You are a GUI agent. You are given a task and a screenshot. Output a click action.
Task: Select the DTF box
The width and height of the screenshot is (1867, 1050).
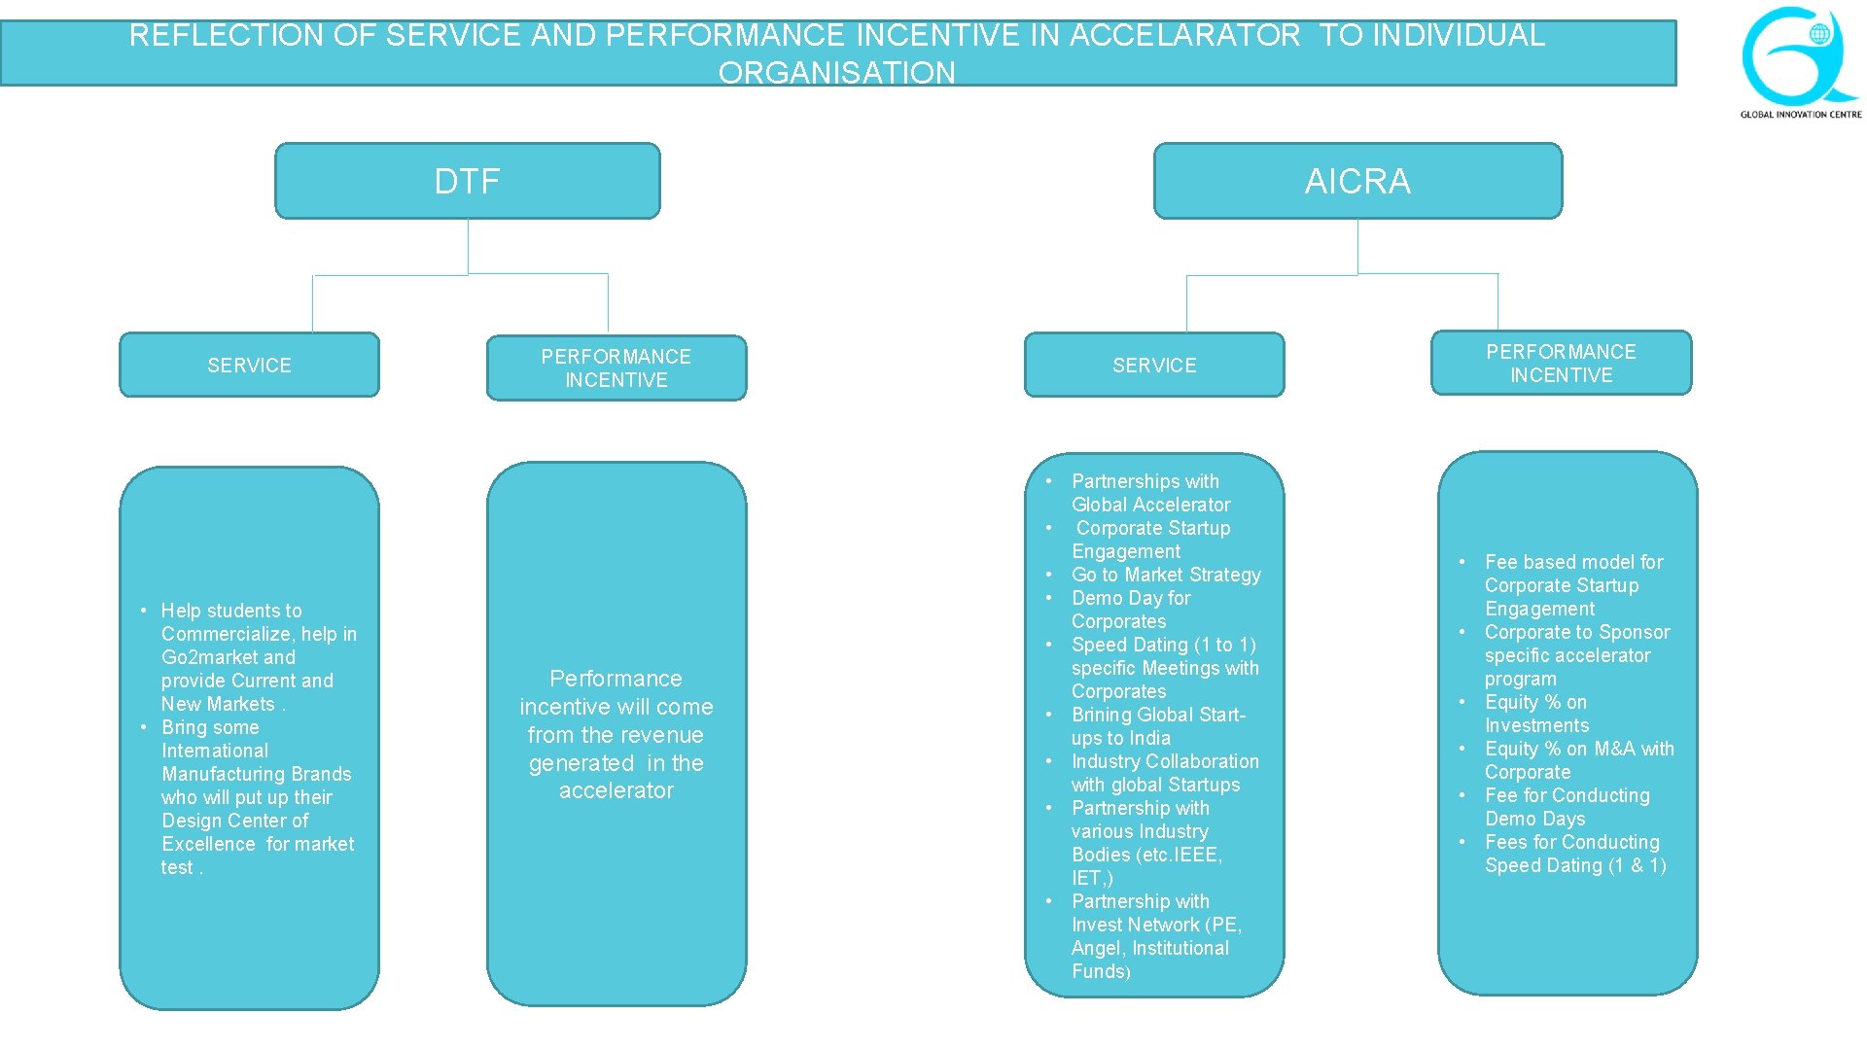467,181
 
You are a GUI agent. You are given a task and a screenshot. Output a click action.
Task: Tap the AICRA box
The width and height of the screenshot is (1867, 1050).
1357,181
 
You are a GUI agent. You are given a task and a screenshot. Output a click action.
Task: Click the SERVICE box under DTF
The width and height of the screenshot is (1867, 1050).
249,366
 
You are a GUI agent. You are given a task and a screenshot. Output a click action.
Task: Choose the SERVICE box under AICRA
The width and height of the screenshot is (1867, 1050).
1154,366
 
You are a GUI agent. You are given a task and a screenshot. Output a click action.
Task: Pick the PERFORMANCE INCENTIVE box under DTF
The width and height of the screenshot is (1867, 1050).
616,368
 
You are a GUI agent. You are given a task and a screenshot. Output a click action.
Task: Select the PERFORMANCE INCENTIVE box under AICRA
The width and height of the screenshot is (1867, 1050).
1561,364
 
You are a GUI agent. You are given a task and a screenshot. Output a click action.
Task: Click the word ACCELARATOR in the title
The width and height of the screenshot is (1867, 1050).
1184,36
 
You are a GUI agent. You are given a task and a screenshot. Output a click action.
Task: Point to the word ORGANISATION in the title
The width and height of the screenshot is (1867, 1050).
836,73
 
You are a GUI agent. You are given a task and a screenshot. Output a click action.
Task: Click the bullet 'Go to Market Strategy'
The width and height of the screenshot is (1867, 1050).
1166,575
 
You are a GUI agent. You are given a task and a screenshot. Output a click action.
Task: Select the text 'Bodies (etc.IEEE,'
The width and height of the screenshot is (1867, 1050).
1146,855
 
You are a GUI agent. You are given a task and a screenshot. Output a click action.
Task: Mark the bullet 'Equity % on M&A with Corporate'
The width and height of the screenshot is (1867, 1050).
1578,760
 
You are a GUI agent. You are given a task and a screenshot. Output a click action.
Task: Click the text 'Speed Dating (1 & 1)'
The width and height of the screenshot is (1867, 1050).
1575,865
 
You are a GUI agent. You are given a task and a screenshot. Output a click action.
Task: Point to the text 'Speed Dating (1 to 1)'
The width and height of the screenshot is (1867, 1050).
1164,645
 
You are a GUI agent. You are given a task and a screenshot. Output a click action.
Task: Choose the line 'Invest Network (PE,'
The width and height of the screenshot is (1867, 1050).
1156,925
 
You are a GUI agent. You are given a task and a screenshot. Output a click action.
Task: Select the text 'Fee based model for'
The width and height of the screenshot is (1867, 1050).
1573,562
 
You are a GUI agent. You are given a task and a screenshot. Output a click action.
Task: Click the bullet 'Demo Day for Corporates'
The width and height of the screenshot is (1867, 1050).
1131,610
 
